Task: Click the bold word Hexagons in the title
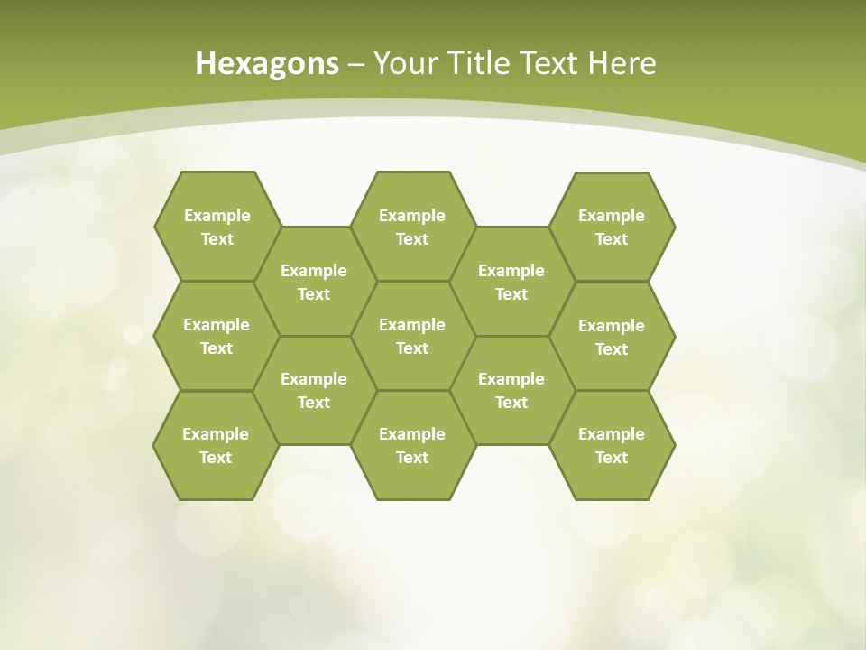(267, 63)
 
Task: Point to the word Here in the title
(622, 63)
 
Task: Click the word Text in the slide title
(551, 63)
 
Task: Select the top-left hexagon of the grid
(217, 227)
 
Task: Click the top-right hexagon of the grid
(612, 227)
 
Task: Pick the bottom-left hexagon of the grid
(216, 445)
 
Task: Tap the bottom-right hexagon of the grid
(612, 445)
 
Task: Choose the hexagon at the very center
(412, 336)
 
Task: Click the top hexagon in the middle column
(412, 227)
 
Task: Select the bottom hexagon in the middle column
(412, 445)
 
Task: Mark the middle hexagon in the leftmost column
(216, 336)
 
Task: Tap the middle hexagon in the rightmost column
(612, 337)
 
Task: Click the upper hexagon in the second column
(314, 282)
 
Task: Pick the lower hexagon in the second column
(314, 390)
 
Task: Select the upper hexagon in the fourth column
(511, 282)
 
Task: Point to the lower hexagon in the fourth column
(511, 390)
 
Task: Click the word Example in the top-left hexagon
(217, 216)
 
